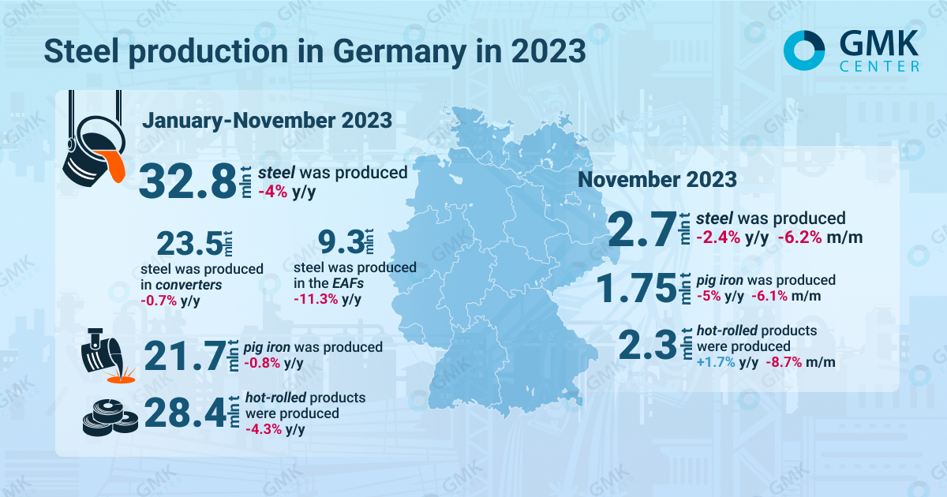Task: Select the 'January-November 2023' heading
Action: click(267, 121)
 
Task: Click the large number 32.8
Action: click(188, 181)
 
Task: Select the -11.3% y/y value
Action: click(327, 299)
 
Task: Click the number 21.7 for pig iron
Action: click(182, 356)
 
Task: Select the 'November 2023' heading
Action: click(657, 179)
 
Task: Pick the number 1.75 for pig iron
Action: click(637, 288)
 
